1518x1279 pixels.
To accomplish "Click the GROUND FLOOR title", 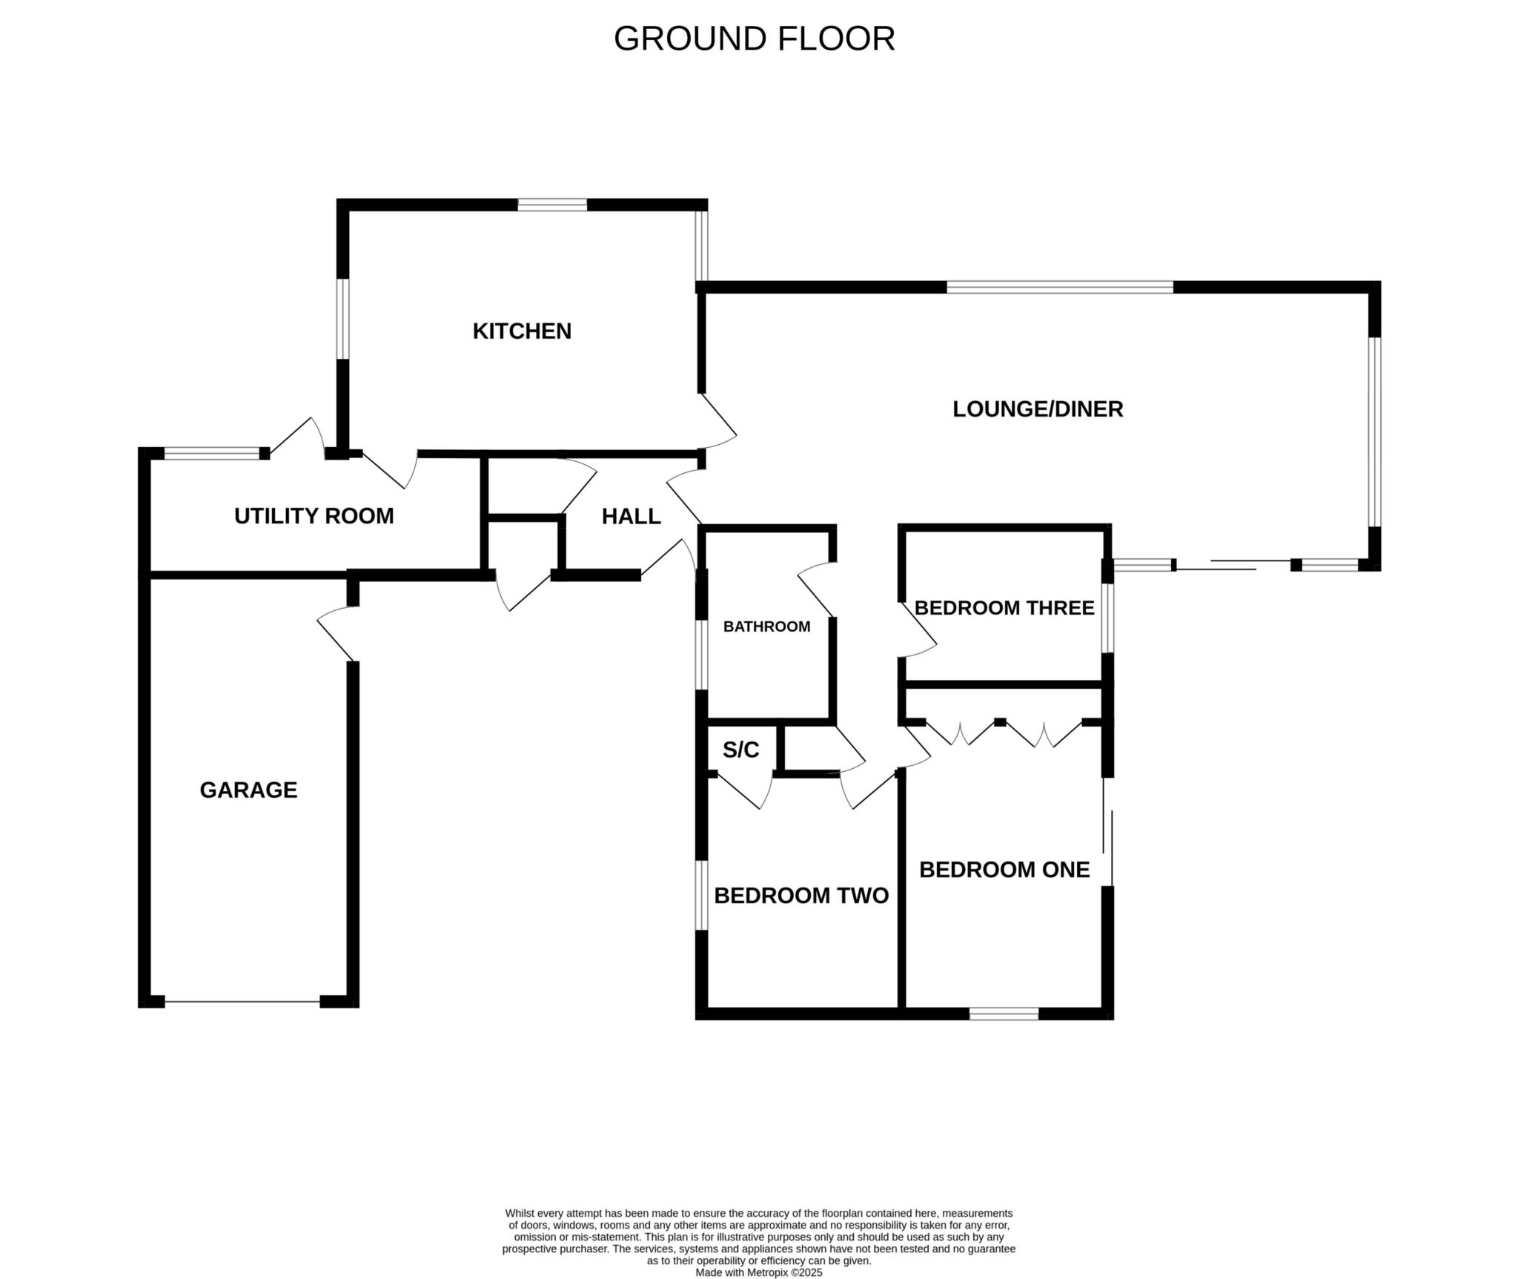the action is [x=754, y=39].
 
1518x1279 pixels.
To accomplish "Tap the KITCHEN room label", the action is [x=522, y=331].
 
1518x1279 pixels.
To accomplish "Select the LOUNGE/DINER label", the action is [x=1038, y=409].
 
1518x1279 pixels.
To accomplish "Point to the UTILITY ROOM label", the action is [x=314, y=515].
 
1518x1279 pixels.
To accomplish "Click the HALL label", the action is [x=632, y=516].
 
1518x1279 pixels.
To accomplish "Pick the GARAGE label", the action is [x=248, y=790].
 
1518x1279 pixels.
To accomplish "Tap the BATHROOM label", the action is [x=766, y=627].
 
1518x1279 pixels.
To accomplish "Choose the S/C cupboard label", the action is [x=741, y=750].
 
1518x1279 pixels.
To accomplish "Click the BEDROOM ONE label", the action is [x=1004, y=869].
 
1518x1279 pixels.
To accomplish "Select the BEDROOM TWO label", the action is [x=801, y=895].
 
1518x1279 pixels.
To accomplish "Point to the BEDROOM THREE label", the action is [x=1004, y=608].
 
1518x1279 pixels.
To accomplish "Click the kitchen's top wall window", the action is [x=552, y=205].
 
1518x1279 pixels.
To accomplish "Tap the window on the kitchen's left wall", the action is [x=342, y=319].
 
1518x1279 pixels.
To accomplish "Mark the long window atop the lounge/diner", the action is [x=1060, y=287].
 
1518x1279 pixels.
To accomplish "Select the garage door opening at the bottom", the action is [x=242, y=1002].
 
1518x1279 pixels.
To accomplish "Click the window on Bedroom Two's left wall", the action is [x=701, y=895].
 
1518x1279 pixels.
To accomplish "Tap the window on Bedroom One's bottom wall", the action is [x=1004, y=1014].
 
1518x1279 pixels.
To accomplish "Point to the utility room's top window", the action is [x=211, y=453].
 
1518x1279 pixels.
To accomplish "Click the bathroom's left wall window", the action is [x=701, y=654].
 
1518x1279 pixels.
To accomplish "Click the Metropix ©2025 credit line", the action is [x=758, y=1272].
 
